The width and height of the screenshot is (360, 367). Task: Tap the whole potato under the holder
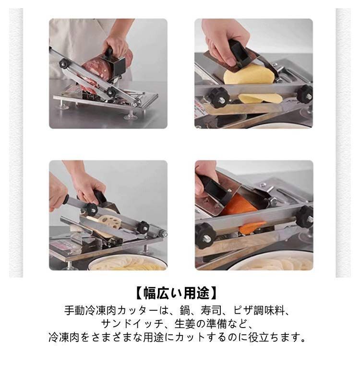(249, 75)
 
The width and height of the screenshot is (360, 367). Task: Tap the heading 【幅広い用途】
(177, 293)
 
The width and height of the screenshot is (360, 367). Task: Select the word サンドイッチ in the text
(132, 324)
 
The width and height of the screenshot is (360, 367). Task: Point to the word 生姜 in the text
(185, 324)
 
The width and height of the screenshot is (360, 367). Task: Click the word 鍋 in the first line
(185, 311)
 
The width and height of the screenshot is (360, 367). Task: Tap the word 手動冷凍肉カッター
(111, 311)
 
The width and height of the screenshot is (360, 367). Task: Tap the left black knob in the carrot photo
(205, 236)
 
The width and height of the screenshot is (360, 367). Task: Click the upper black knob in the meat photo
(64, 64)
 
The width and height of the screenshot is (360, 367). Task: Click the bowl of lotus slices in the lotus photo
(128, 264)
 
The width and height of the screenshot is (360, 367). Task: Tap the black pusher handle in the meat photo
(109, 53)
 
